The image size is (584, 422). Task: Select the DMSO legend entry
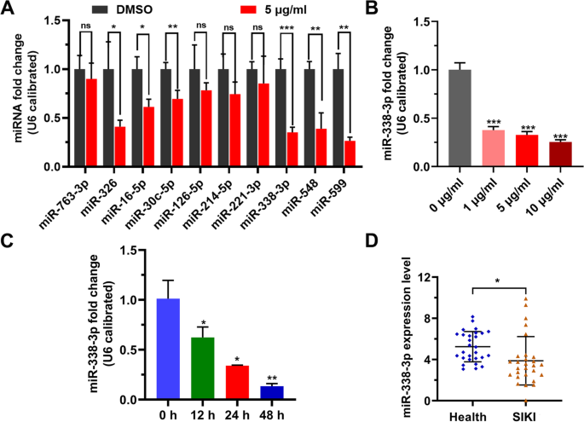tap(136, 8)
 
